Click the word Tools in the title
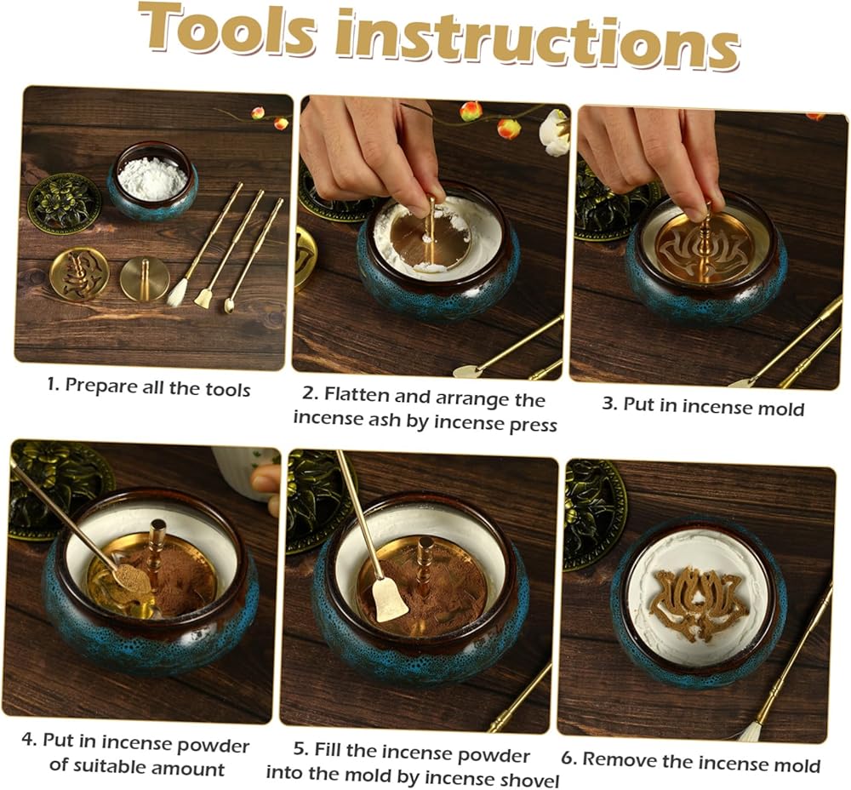(226, 31)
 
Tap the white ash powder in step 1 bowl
(152, 177)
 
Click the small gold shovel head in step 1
(204, 299)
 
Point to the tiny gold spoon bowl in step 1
(229, 307)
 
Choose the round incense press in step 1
(141, 279)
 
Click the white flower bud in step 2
(554, 133)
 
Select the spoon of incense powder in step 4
(131, 576)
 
